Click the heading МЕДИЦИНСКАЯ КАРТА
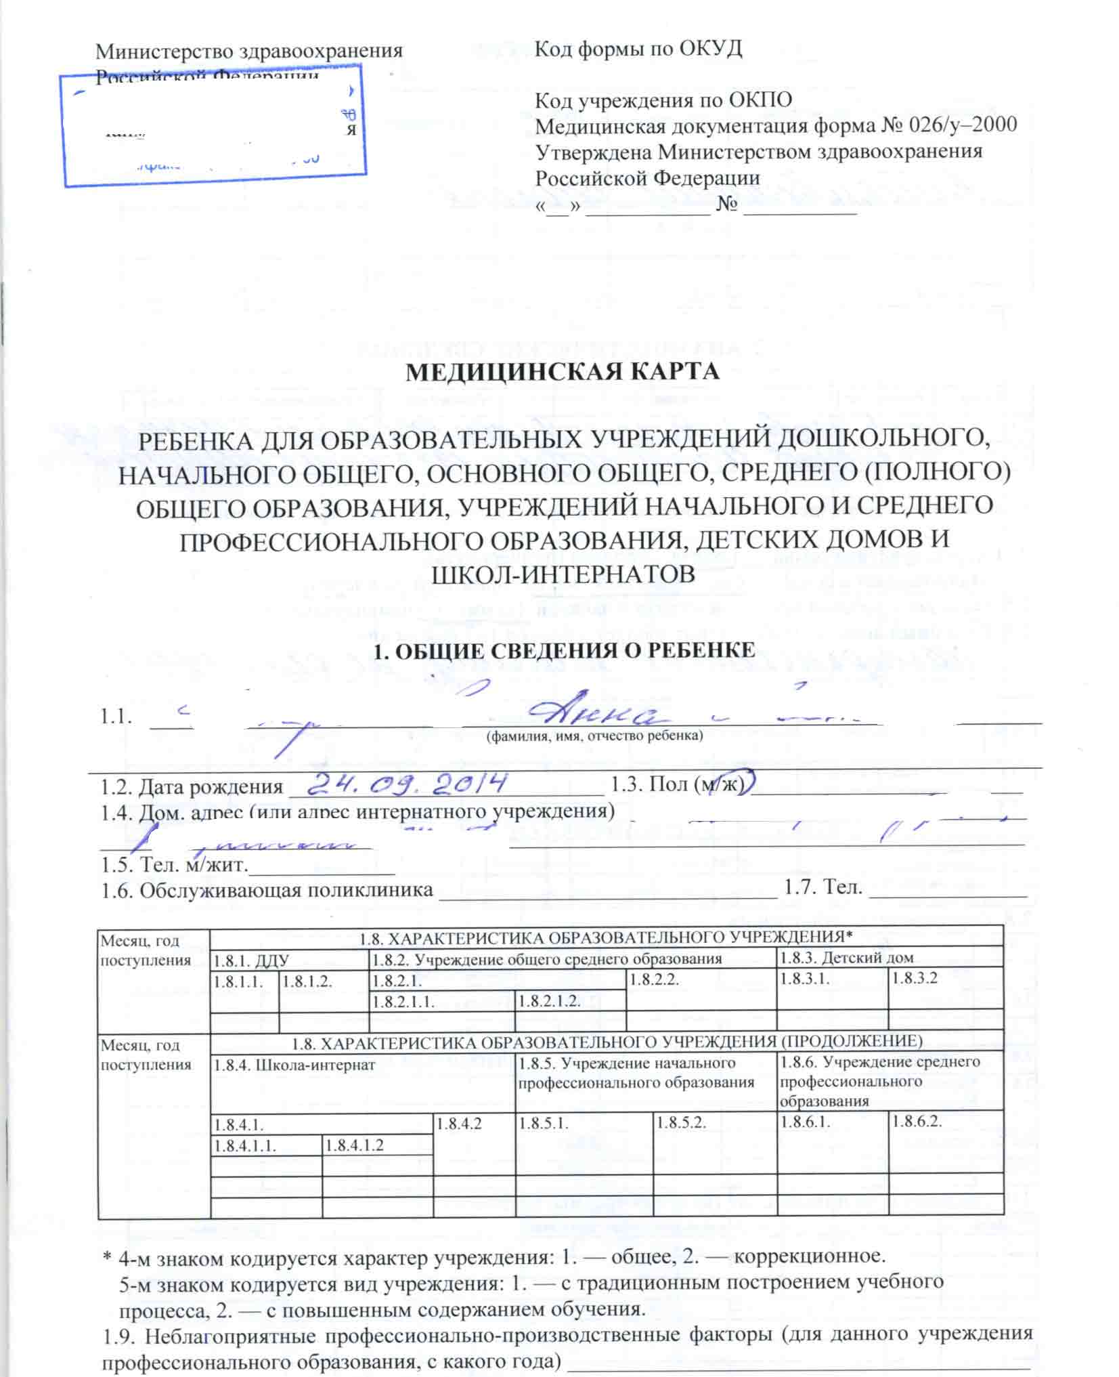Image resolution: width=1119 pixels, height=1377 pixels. pyautogui.click(x=562, y=373)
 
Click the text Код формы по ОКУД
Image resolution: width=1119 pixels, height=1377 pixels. pyautogui.click(x=638, y=49)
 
